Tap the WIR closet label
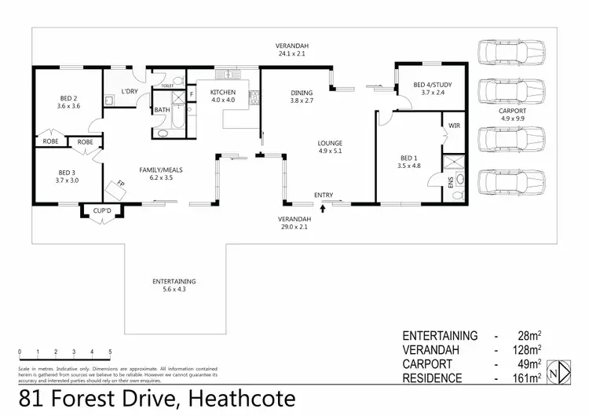[454, 126]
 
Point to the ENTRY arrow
[323, 205]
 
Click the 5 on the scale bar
[110, 351]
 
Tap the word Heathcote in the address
[242, 399]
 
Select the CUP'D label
[102, 211]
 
